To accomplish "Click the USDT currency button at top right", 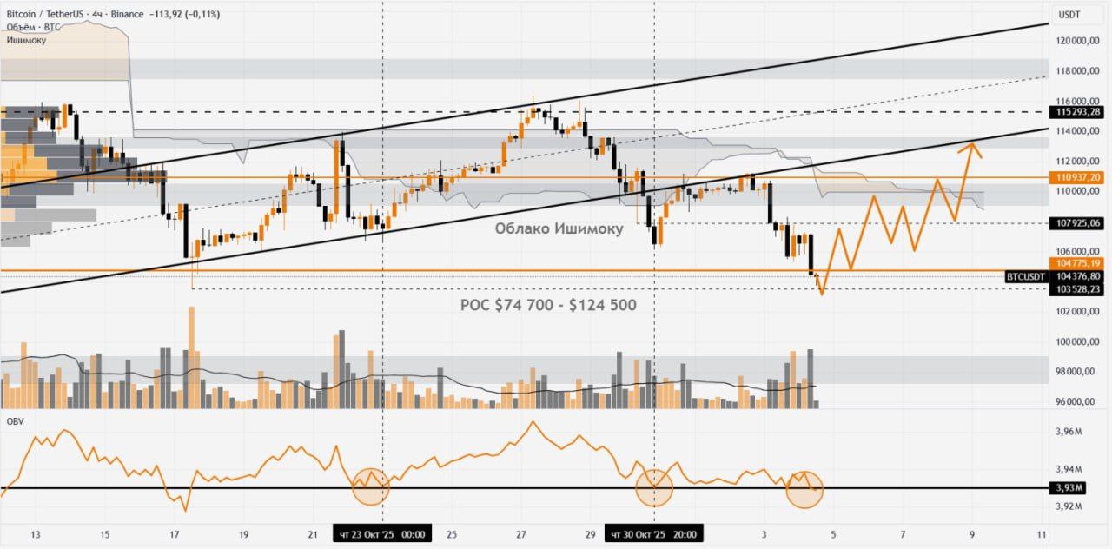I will coord(1068,14).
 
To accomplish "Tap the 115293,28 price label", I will coord(1078,112).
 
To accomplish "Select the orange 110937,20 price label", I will coord(1078,177).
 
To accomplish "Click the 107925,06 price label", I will coord(1078,223).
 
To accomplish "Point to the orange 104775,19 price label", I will coord(1078,263).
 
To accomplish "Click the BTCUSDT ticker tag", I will coord(1026,276).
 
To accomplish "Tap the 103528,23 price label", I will coord(1078,288).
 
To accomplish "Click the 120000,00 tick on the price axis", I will coord(1078,41).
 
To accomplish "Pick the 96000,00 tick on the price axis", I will coord(1078,401).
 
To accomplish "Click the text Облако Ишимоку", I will coord(559,228).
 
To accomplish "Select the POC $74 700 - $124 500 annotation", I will coord(547,305).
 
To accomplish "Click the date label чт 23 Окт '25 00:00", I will coord(382,534).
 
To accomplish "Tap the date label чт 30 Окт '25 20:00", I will coord(654,534).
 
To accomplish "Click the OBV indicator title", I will coord(15,421).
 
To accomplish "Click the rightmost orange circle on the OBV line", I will coord(804,489).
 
